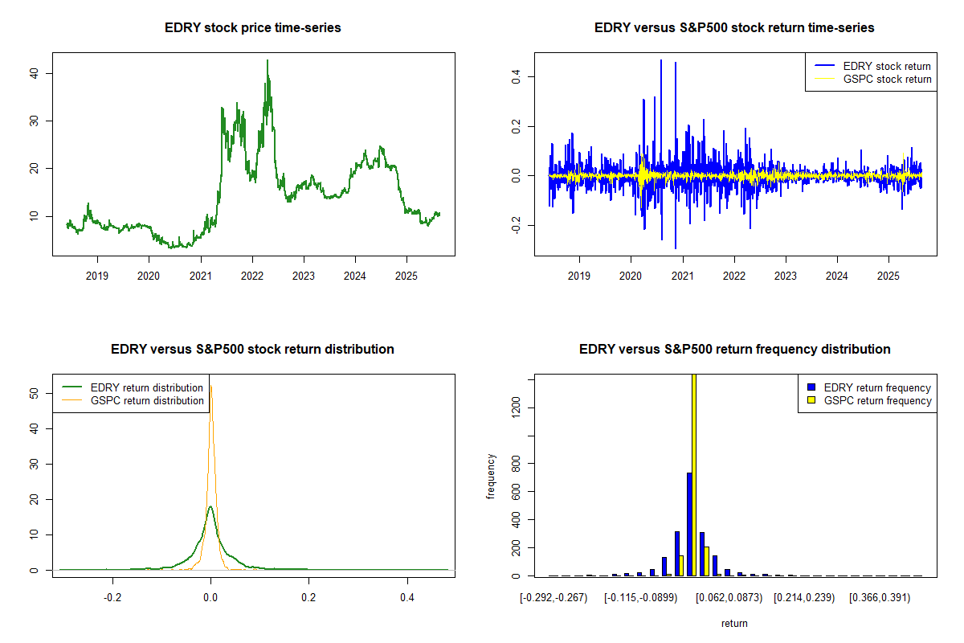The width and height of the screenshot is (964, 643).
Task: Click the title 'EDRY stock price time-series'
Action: click(252, 28)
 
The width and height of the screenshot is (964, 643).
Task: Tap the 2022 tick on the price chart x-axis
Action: click(252, 273)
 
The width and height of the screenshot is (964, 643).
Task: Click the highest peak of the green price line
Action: click(268, 61)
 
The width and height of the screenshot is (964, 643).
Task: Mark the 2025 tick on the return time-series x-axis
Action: click(888, 273)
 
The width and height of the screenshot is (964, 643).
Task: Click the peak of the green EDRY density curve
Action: click(210, 507)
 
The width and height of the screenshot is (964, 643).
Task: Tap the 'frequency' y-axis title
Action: click(492, 477)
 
